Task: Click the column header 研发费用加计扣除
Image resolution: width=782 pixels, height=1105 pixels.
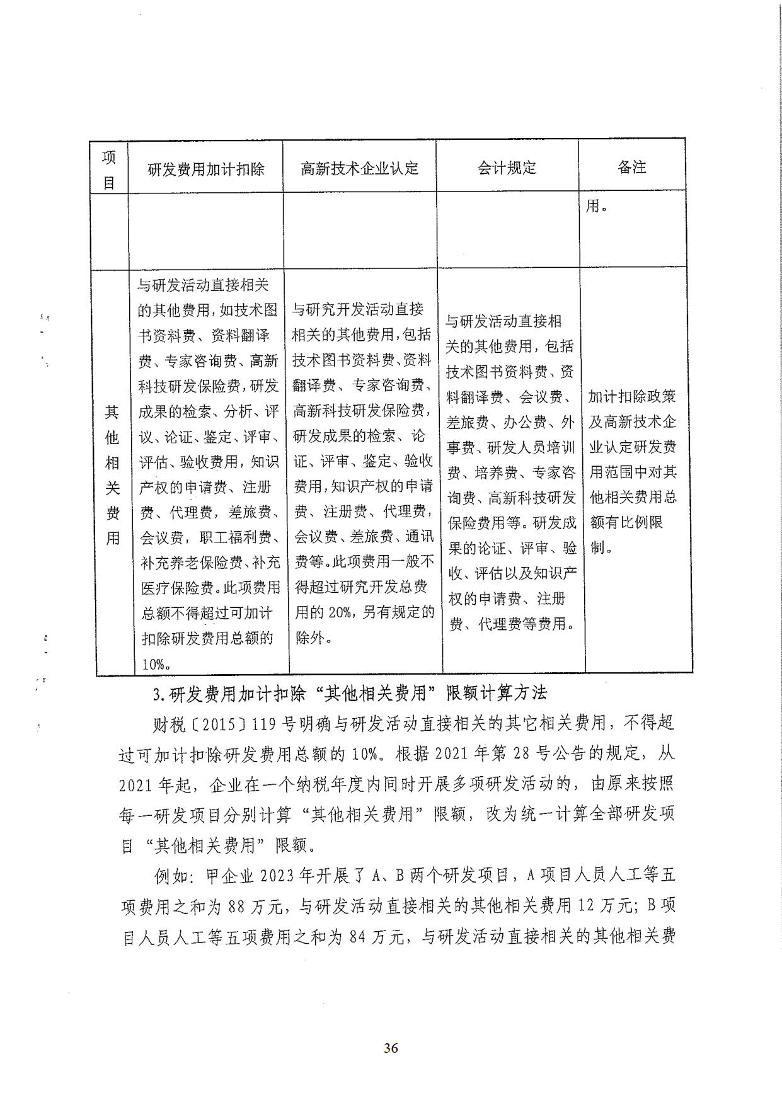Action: [205, 169]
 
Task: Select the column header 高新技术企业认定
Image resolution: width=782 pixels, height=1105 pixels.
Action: [359, 168]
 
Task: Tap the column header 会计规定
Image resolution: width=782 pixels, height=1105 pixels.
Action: [507, 168]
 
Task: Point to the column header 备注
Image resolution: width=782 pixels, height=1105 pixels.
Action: [631, 167]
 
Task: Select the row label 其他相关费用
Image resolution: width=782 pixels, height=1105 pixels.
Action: [112, 474]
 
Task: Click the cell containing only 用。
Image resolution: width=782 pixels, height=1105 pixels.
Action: [596, 206]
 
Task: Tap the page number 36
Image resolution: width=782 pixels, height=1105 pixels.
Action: [391, 1048]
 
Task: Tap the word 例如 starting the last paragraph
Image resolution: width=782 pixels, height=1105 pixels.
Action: [169, 876]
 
